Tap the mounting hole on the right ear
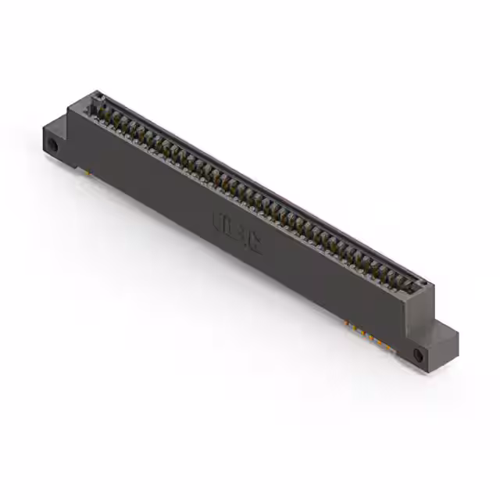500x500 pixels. pos(418,355)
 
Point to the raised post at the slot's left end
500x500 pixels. pos(97,100)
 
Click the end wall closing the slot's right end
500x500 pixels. pos(422,287)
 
